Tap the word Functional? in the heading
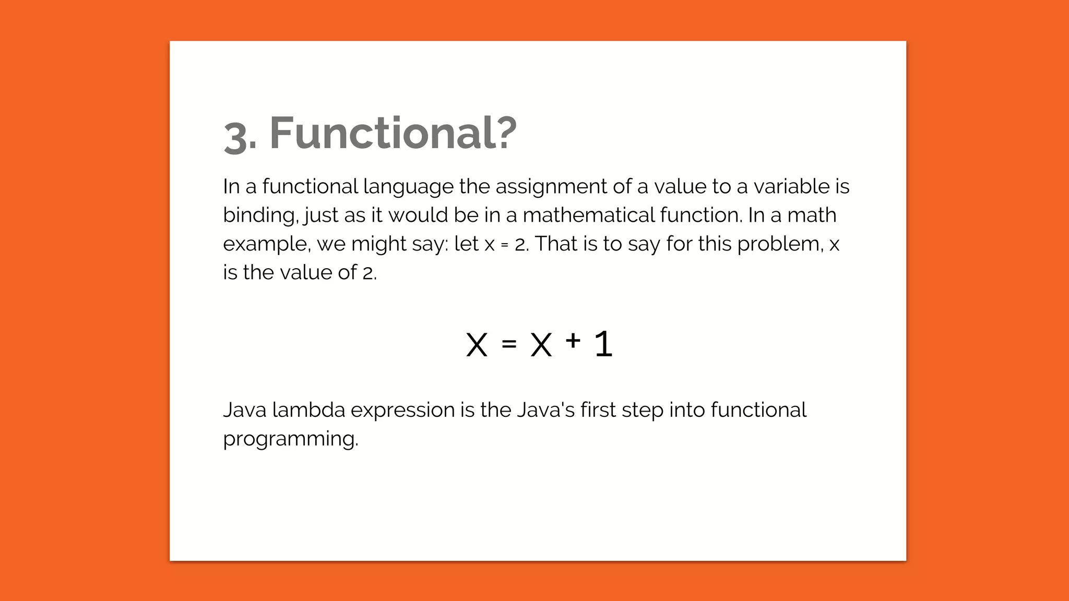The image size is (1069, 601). [x=393, y=133]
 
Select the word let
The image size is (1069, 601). [x=466, y=244]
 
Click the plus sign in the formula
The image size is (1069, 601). [x=573, y=341]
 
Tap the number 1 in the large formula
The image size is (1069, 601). [x=603, y=344]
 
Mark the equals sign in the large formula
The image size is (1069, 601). [x=509, y=344]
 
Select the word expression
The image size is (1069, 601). [x=402, y=411]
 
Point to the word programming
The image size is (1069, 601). [x=290, y=439]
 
